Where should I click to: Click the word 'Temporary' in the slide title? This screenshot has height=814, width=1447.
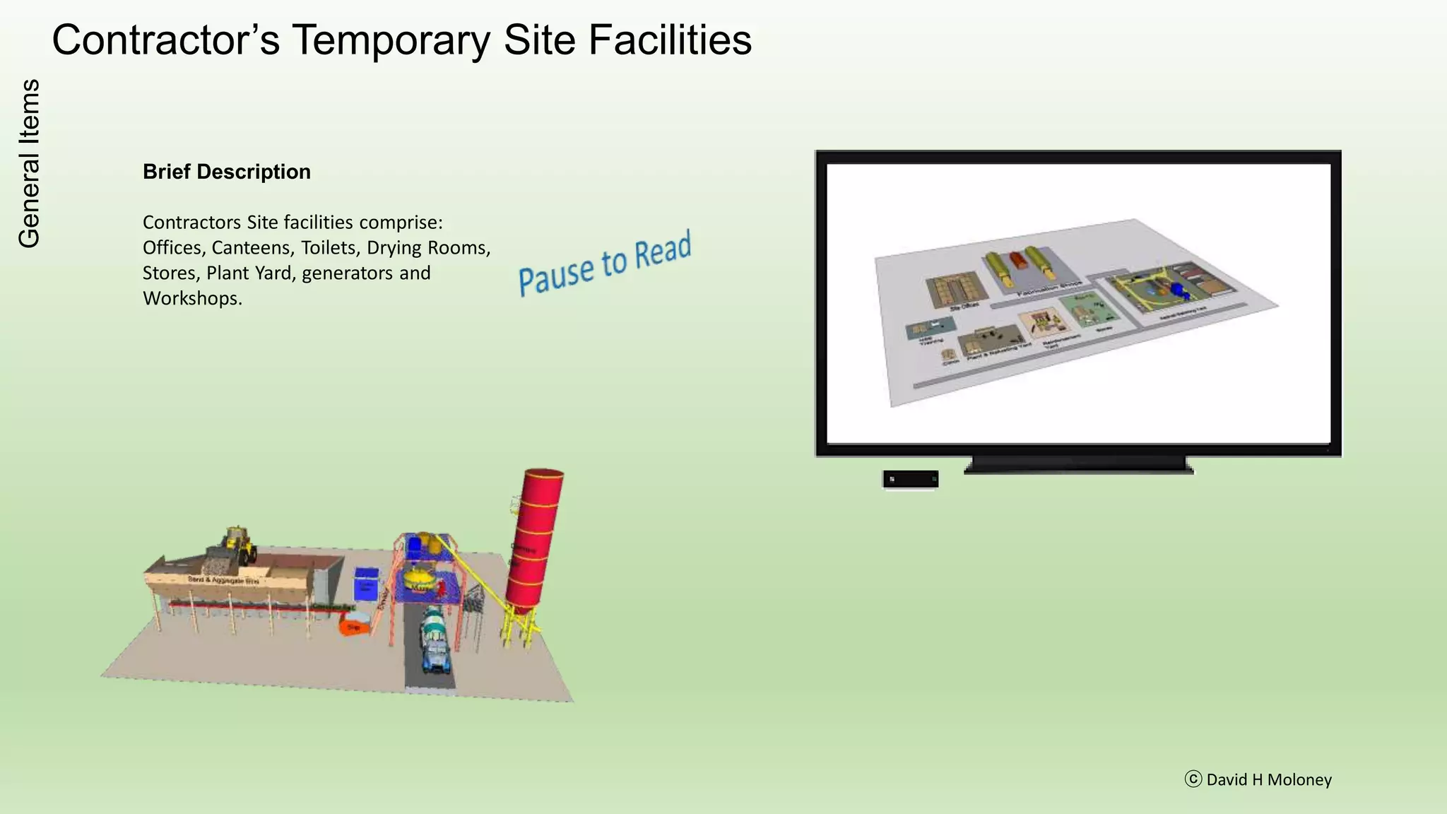coord(391,40)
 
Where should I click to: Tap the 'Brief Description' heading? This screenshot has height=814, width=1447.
coord(226,172)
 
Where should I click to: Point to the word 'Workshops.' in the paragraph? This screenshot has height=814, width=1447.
coord(192,298)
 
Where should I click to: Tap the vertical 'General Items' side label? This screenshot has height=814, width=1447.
coord(29,163)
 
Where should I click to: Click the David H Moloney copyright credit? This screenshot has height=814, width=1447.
coord(1258,779)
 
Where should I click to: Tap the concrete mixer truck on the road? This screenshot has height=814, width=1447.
coord(434,638)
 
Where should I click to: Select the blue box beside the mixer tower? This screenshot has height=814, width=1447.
coord(366,584)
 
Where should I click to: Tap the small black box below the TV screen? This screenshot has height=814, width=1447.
coord(910,479)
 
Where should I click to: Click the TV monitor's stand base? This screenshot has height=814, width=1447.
coord(1078,466)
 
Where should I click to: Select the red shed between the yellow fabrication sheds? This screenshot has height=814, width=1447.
coord(1017,260)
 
